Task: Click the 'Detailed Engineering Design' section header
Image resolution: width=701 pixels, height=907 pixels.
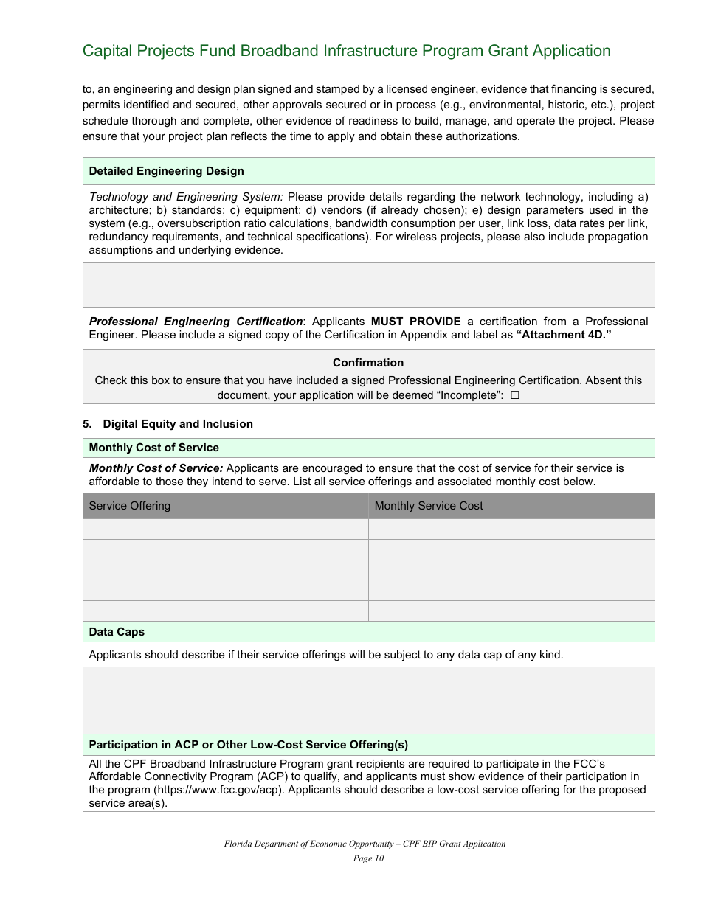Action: coord(166,171)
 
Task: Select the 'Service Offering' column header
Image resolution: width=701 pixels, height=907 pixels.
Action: coord(130,506)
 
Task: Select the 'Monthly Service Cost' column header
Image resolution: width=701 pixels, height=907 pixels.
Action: coord(429,506)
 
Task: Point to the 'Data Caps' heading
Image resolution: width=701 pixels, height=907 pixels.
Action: coord(117,632)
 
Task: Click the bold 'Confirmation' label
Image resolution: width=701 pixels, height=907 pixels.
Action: coord(368,363)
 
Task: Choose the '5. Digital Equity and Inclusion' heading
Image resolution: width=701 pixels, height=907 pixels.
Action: coord(168,424)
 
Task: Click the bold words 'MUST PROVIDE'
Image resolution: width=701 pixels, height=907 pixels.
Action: coord(415,322)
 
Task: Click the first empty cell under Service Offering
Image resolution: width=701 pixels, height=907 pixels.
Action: coord(225,529)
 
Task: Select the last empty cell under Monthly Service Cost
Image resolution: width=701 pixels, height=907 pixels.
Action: coord(511,611)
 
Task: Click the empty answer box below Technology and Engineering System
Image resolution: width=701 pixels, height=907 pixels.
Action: coord(368,285)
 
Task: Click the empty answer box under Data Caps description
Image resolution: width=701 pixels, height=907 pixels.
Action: coord(368,701)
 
